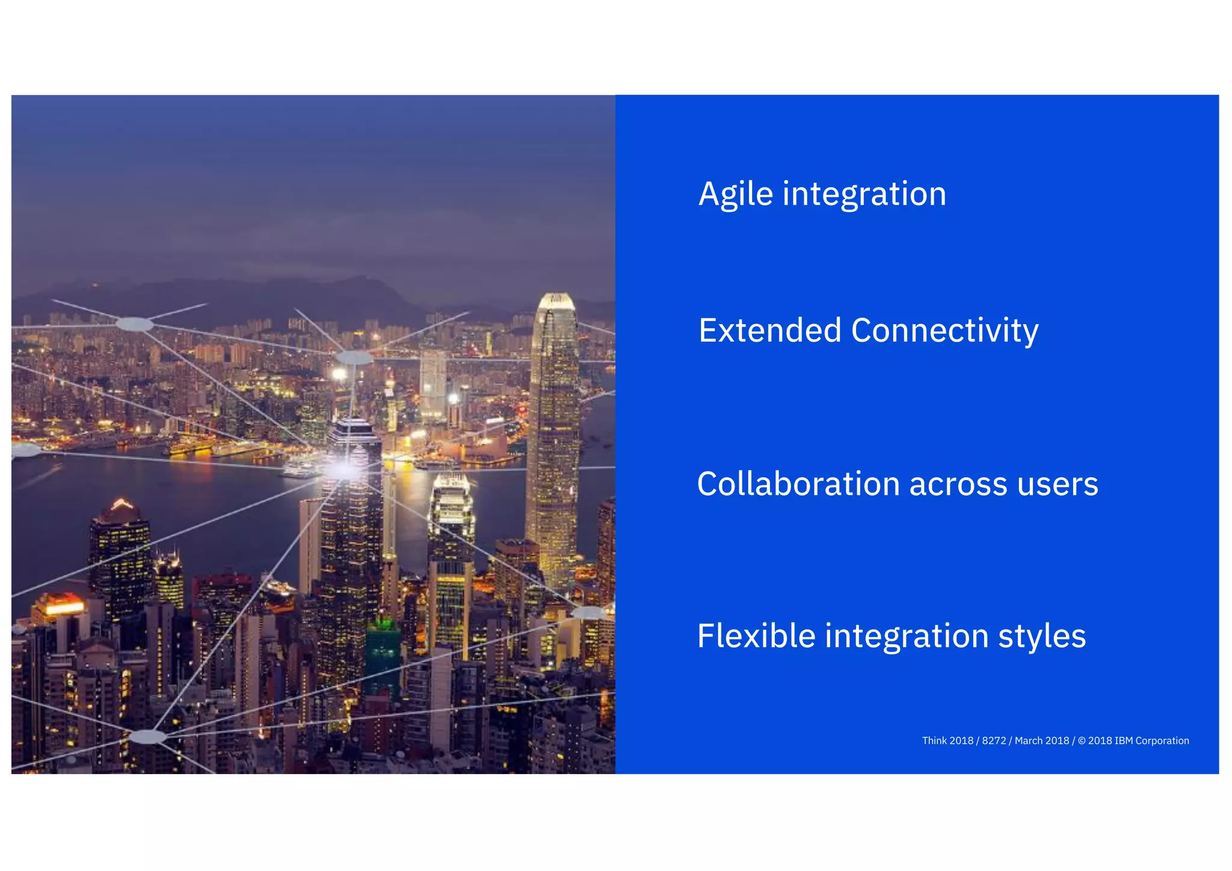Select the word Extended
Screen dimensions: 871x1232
point(769,331)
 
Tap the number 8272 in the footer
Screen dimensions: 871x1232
point(994,741)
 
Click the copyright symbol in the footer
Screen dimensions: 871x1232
point(1082,741)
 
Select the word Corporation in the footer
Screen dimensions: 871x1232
point(1162,741)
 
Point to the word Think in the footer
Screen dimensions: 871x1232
point(934,741)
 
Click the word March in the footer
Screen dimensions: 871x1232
point(1027,741)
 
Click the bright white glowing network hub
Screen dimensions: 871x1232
point(342,469)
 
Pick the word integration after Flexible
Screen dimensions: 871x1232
point(907,636)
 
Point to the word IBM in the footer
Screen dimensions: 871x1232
point(1124,741)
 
